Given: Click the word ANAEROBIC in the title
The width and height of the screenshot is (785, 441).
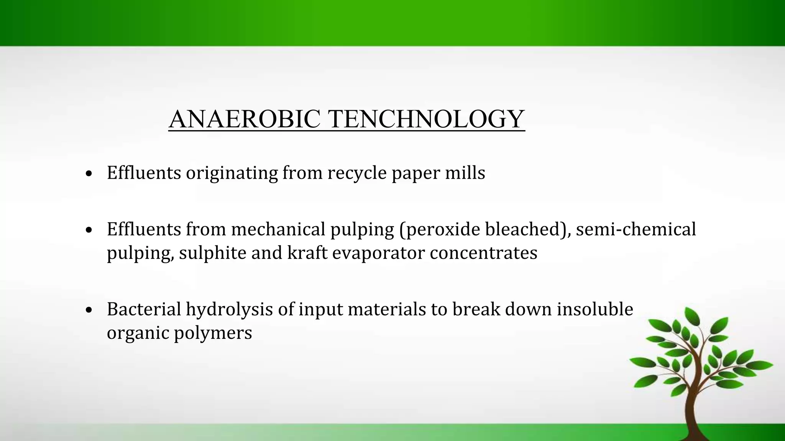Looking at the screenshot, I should (x=245, y=119).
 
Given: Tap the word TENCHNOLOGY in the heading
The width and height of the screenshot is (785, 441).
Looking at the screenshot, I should (x=426, y=119).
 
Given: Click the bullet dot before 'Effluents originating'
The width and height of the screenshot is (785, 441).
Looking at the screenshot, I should (x=89, y=174).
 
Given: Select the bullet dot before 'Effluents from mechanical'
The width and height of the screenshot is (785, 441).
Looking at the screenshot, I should (x=89, y=230).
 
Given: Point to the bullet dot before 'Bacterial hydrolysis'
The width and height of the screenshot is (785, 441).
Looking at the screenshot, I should (x=89, y=310).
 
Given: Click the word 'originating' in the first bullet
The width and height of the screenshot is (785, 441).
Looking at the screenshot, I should (x=232, y=173).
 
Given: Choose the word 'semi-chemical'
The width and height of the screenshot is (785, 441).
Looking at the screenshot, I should (x=636, y=229).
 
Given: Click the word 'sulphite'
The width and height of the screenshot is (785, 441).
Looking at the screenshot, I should (x=212, y=253).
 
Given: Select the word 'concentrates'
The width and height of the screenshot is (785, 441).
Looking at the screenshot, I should (x=483, y=253).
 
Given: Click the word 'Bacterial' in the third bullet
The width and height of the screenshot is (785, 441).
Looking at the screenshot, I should (x=144, y=309).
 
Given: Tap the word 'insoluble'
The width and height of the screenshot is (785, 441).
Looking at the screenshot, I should (x=594, y=309).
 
